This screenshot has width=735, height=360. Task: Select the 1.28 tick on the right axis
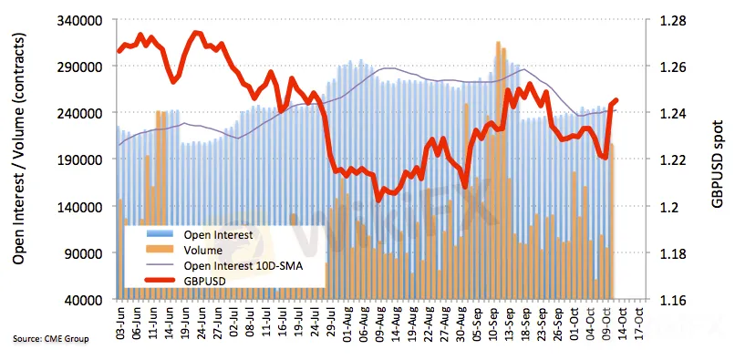[672, 21]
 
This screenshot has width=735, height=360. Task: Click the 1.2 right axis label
[668, 206]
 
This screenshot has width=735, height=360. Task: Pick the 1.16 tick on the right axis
[672, 299]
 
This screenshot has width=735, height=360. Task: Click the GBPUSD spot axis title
[716, 159]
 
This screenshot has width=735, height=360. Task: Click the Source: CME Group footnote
[51, 339]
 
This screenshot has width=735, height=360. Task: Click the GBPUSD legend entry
[187, 282]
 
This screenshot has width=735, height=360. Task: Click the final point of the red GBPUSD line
[616, 100]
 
